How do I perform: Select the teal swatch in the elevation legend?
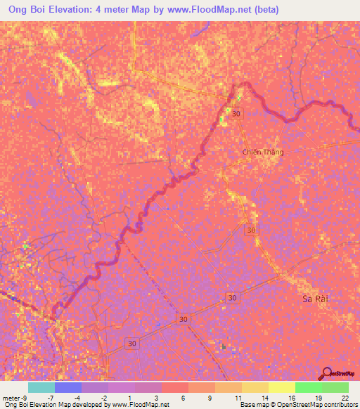41,387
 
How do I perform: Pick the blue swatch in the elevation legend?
67,387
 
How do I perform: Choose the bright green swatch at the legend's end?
335,387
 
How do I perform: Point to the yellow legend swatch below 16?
282,387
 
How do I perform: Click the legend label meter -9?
15,398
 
